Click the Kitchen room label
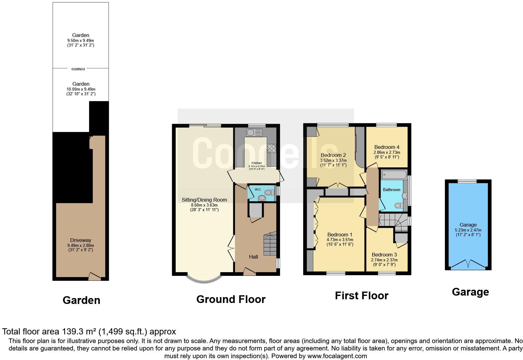pos(257,163)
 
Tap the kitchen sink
pos(254,133)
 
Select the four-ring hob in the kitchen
pos(271,148)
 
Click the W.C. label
pos(257,189)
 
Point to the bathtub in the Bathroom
pos(394,175)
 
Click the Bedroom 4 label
pos(387,147)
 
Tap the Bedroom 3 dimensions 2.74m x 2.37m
pos(384,260)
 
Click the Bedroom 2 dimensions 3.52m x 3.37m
pos(334,160)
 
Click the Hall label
pos(253,257)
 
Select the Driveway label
pos(80,240)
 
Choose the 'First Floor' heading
pos(361,296)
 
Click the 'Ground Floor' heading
pos(231,299)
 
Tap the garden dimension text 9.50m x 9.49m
pos(80,40)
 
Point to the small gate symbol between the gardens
pos(78,69)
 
